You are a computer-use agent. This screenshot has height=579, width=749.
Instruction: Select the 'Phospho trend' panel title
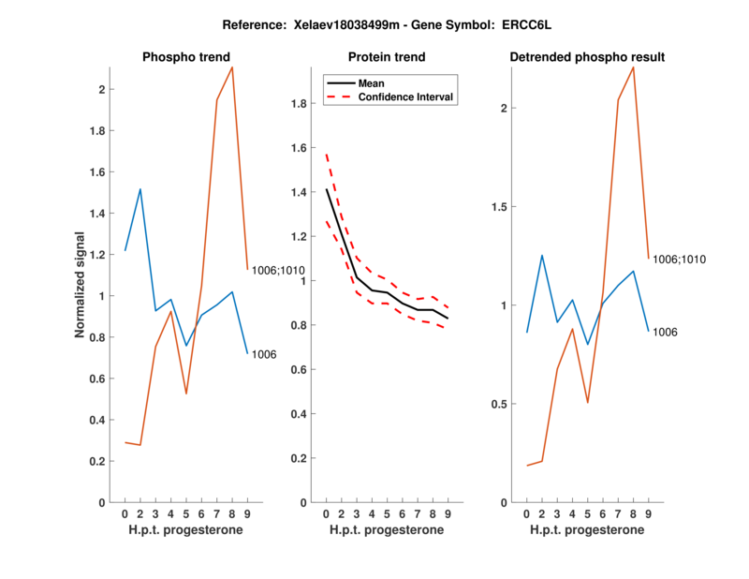click(x=185, y=57)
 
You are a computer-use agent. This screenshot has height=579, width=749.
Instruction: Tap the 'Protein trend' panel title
click(x=386, y=57)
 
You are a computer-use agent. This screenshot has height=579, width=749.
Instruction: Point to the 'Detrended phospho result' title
click(x=587, y=57)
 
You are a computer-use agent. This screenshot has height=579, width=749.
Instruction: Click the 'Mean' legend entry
click(x=371, y=83)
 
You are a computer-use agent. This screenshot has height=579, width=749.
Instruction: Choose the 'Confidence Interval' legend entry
click(x=406, y=96)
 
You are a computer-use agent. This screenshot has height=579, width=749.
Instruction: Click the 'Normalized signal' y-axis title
click(x=81, y=285)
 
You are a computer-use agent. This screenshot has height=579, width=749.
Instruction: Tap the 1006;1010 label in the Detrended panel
click(x=679, y=259)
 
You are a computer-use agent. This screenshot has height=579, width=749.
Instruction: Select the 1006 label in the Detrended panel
click(x=665, y=332)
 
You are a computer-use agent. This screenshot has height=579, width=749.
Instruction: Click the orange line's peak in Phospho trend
click(x=232, y=67)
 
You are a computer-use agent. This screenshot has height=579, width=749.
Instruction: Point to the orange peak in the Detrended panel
click(x=634, y=67)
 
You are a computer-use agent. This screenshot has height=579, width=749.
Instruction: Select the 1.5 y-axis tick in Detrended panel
click(x=503, y=207)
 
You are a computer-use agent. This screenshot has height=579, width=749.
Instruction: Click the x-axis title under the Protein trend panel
click(x=386, y=530)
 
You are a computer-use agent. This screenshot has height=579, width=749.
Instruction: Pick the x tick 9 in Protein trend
click(x=448, y=513)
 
